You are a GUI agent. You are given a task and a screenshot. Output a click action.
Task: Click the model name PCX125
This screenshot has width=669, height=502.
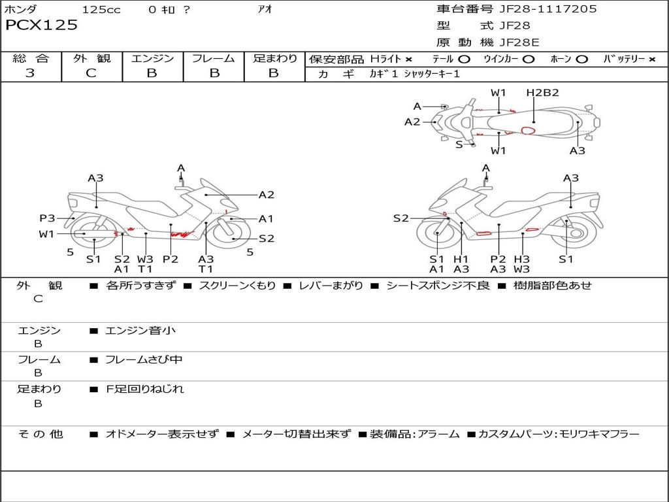(41, 25)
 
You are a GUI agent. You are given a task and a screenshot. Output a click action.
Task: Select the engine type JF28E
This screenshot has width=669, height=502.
(519, 43)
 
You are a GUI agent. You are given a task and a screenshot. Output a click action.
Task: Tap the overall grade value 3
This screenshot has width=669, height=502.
(30, 73)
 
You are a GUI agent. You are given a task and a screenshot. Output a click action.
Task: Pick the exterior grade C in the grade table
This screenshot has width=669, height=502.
(91, 73)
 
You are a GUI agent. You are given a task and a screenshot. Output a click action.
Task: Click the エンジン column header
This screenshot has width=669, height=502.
(152, 59)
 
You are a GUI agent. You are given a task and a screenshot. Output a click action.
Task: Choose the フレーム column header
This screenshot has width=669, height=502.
(213, 59)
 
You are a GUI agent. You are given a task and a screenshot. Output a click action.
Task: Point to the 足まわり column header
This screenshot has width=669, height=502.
(274, 59)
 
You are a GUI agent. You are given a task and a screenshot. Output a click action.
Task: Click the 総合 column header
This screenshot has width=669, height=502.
(30, 59)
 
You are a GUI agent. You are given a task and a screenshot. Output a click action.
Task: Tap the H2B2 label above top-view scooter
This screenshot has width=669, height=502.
(542, 93)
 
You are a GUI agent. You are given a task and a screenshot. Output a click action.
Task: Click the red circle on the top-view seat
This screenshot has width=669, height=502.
(528, 130)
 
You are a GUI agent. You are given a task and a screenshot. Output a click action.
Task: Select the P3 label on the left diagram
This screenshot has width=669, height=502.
(47, 218)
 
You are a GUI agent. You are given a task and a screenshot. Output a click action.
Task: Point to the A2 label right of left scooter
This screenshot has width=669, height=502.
(266, 194)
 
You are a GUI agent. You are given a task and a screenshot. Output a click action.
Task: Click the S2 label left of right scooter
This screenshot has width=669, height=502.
(400, 218)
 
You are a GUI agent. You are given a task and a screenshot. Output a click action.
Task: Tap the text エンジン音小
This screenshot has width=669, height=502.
(140, 331)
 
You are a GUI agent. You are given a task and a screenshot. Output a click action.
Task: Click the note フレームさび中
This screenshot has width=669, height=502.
(144, 360)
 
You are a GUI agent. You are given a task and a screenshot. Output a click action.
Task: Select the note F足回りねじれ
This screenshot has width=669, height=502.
(145, 389)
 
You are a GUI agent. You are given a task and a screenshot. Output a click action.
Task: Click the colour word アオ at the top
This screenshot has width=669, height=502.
(265, 9)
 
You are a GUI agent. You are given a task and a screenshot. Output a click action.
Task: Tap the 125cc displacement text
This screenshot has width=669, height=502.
(101, 9)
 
